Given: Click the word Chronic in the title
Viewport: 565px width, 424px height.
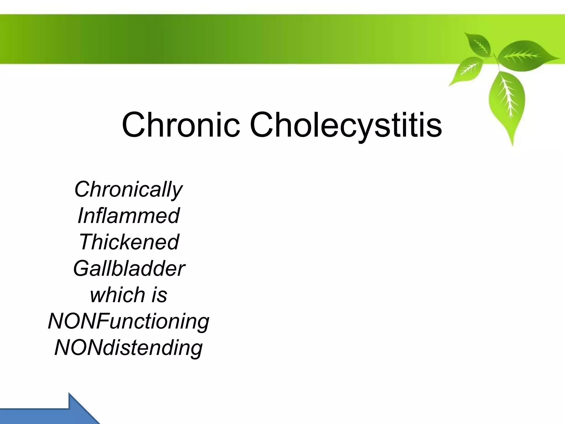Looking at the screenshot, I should pyautogui.click(x=181, y=125).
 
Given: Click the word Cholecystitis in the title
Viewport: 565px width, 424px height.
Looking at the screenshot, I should pyautogui.click(x=346, y=125).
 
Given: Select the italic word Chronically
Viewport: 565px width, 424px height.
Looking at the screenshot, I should pyautogui.click(x=128, y=190).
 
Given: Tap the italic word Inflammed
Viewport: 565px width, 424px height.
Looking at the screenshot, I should pyautogui.click(x=129, y=216).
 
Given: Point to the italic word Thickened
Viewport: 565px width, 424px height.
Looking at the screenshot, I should pyautogui.click(x=129, y=242).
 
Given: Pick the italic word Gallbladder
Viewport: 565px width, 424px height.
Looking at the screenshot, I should pyautogui.click(x=129, y=269).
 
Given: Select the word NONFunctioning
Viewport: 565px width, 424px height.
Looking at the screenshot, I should pyautogui.click(x=129, y=322).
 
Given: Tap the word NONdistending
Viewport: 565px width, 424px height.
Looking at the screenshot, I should pyautogui.click(x=129, y=348).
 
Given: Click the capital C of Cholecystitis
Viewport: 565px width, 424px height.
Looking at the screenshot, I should pyautogui.click(x=263, y=125).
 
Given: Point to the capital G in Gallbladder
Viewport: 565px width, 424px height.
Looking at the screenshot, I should pyautogui.click(x=81, y=269).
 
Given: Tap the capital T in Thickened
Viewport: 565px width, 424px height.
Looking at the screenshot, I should pyautogui.click(x=86, y=242).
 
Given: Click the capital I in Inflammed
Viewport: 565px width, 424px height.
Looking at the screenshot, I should pyautogui.click(x=81, y=216).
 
